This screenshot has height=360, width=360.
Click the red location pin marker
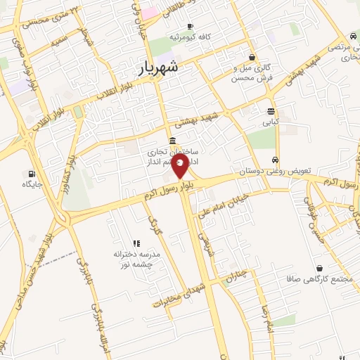point(180,167)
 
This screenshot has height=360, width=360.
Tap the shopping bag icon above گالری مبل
point(252,57)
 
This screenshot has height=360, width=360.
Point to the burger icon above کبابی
point(271,111)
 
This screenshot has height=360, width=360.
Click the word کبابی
point(271,122)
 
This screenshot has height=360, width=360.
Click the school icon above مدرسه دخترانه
point(136,243)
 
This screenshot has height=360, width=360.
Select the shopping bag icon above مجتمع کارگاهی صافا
point(321,268)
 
